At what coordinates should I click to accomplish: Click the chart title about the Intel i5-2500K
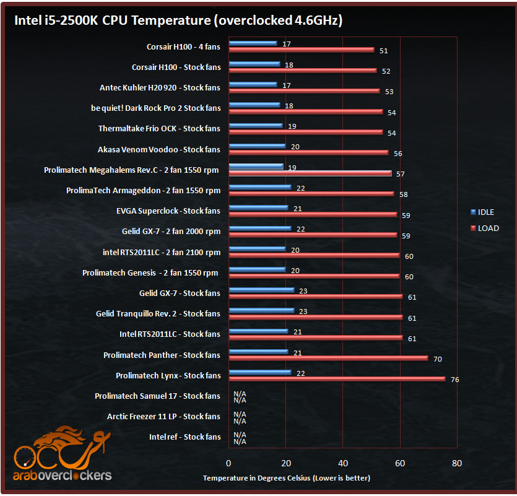click(x=178, y=20)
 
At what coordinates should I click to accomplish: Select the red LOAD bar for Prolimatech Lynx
click(x=337, y=379)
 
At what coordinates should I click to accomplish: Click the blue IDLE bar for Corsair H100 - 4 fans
click(x=253, y=43)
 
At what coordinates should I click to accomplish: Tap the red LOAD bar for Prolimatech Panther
click(x=328, y=359)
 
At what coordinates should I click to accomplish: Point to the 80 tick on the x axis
click(x=457, y=463)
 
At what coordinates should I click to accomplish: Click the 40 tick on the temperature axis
click(x=343, y=463)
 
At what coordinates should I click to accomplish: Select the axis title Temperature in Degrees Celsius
click(x=287, y=478)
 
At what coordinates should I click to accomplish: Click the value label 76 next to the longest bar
click(x=454, y=380)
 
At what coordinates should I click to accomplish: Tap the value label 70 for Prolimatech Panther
click(x=437, y=359)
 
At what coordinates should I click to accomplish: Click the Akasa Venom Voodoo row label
click(x=159, y=149)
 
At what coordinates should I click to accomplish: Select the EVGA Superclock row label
click(x=168, y=211)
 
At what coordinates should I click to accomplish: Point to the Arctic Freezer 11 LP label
click(x=163, y=416)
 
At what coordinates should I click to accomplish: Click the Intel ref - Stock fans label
click(x=185, y=437)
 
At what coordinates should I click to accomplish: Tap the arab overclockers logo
click(x=62, y=456)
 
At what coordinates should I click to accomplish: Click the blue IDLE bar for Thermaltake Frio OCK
click(x=255, y=126)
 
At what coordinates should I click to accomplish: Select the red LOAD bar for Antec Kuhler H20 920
click(x=304, y=91)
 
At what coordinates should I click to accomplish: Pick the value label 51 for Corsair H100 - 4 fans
click(x=383, y=51)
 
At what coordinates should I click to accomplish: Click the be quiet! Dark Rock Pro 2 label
click(x=155, y=108)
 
